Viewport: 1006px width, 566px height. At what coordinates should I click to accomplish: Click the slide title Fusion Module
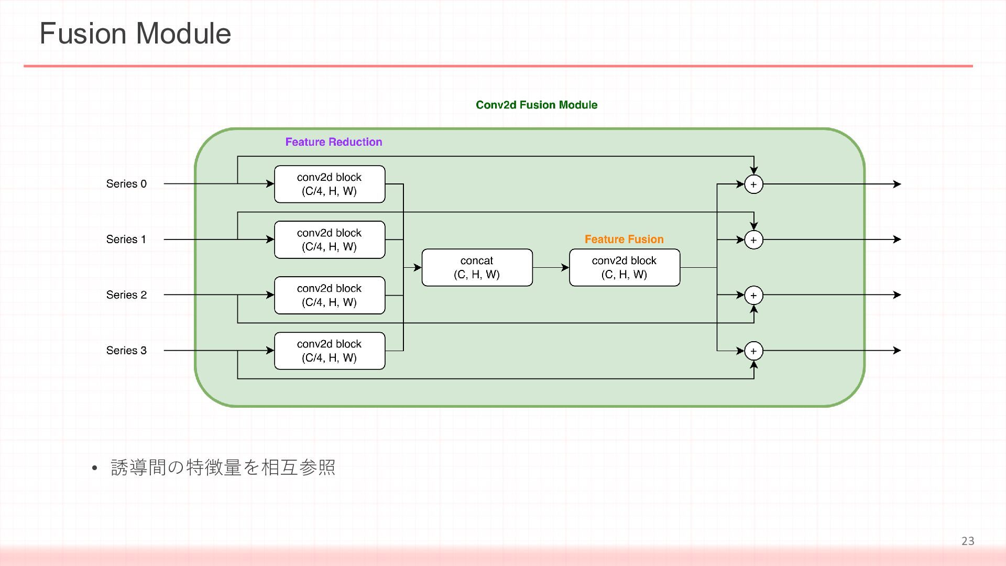(135, 34)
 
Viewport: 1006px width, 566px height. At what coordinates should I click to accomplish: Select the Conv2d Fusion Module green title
(537, 105)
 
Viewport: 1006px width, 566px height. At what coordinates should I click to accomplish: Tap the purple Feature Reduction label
(334, 142)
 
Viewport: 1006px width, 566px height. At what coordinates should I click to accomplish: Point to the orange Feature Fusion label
(624, 240)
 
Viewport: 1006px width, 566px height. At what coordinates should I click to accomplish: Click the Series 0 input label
(126, 184)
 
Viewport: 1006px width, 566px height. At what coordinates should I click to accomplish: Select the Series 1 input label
(126, 240)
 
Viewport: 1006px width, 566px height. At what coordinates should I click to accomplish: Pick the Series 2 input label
(126, 295)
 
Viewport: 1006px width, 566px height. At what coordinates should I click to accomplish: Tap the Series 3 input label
(126, 351)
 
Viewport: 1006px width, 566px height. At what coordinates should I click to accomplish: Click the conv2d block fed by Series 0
(330, 184)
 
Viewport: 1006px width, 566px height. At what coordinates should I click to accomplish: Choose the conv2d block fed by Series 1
(330, 240)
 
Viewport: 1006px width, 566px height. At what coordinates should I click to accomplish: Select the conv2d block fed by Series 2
(330, 295)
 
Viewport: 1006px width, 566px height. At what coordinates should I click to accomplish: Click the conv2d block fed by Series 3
(330, 351)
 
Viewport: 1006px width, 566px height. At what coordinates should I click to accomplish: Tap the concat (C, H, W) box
(477, 267)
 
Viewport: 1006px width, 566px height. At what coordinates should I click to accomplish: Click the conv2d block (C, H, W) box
(625, 267)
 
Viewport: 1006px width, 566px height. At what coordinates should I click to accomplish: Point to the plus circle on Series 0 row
(753, 184)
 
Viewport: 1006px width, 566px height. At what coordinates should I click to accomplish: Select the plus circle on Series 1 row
(753, 240)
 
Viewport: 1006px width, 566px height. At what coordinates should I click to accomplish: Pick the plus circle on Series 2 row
(753, 296)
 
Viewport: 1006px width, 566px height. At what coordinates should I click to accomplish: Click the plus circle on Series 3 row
(753, 351)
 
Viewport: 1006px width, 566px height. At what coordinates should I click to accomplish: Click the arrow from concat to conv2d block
(551, 267)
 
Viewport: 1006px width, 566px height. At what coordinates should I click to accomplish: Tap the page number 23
(968, 541)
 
